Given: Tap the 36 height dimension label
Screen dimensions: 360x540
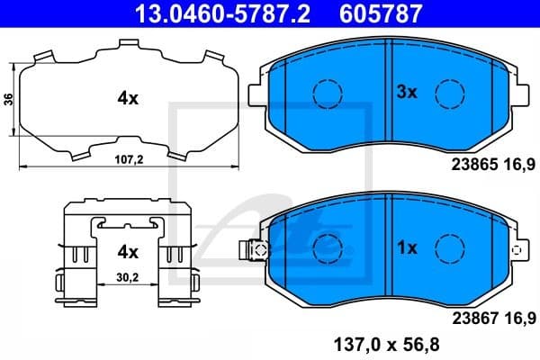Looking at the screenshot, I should point(8,99).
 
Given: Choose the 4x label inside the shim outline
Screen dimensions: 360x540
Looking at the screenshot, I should point(127,99).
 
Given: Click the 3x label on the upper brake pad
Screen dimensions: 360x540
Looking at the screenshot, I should point(408,91).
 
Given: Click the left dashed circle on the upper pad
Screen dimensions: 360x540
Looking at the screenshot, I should point(327,93).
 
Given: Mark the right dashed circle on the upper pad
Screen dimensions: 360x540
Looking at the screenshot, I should point(448,93).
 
